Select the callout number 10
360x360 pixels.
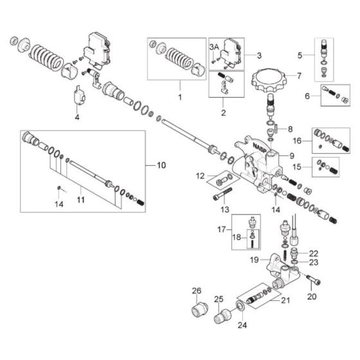(x=160, y=165)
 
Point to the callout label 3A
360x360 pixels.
(x=214, y=46)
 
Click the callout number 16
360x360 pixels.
(x=297, y=139)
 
